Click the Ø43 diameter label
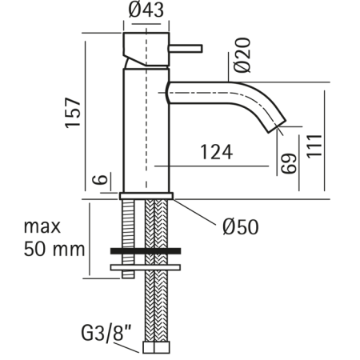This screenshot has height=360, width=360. [x=146, y=12]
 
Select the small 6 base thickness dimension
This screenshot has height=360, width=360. [x=98, y=180]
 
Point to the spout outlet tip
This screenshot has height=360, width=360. [x=274, y=127]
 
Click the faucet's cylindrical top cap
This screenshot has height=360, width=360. [x=146, y=46]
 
